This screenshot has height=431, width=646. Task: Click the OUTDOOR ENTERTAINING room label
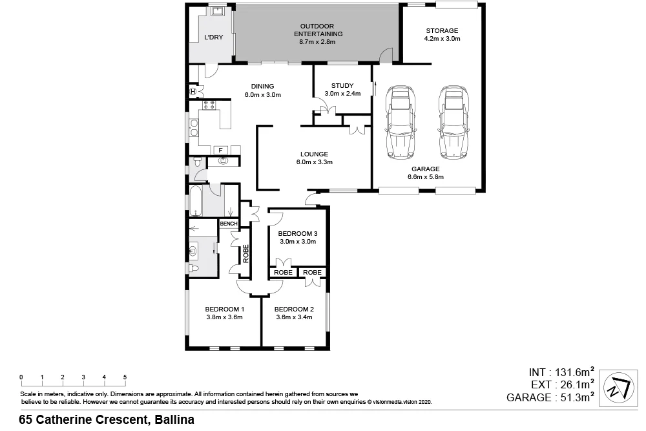317,30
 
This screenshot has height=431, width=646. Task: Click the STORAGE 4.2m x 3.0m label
442,35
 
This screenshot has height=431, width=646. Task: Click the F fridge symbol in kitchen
220,150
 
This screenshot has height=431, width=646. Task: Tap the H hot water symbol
193,91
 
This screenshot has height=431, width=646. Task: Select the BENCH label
229,224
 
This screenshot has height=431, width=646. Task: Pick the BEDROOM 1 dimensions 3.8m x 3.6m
224,317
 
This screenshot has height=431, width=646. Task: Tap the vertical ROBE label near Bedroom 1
245,253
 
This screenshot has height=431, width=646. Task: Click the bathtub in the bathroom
196,201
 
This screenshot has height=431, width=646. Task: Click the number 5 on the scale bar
125,377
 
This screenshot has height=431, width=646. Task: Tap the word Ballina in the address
173,420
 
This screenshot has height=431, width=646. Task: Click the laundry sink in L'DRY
217,12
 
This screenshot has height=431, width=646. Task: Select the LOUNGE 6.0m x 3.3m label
314,158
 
